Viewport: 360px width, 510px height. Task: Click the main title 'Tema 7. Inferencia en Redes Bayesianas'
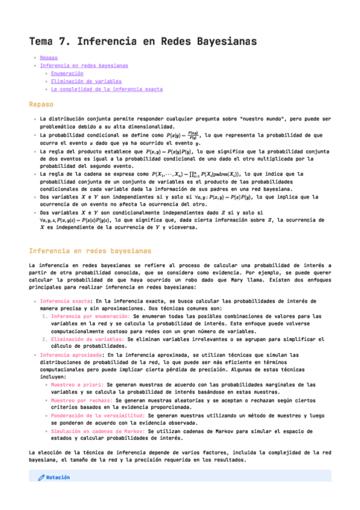143,41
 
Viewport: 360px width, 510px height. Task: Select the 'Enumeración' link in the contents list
67,73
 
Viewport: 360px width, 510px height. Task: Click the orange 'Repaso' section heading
42,105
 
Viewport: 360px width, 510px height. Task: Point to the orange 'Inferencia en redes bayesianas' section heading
90,251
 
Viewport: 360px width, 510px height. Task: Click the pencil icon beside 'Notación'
41,478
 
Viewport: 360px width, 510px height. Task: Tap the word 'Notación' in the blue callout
58,478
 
